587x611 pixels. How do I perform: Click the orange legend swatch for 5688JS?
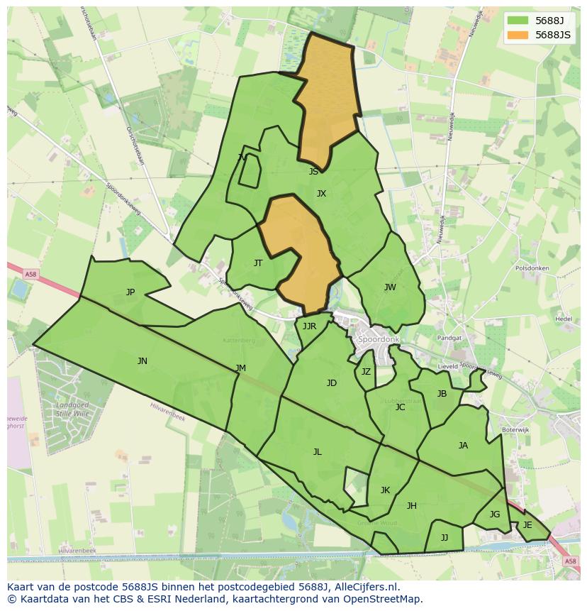tap(518, 35)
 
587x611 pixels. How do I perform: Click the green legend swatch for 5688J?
tap(518, 21)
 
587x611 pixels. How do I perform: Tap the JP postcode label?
tap(130, 292)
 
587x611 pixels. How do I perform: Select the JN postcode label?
tap(142, 360)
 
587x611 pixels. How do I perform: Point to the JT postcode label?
tap(258, 263)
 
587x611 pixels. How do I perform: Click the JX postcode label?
tap(321, 193)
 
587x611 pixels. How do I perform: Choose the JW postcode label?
tap(390, 287)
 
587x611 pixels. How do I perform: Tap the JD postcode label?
tap(332, 382)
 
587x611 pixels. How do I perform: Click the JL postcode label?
tap(318, 451)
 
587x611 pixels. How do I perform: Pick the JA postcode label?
tap(463, 445)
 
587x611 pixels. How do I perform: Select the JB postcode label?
tap(442, 393)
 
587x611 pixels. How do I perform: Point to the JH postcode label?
tap(412, 505)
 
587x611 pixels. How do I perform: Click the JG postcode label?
tap(495, 514)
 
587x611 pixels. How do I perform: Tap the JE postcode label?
tap(527, 524)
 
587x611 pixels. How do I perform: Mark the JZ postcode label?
tap(366, 371)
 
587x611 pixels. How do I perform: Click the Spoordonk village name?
tap(379, 340)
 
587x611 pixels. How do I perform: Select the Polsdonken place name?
tap(532, 268)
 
